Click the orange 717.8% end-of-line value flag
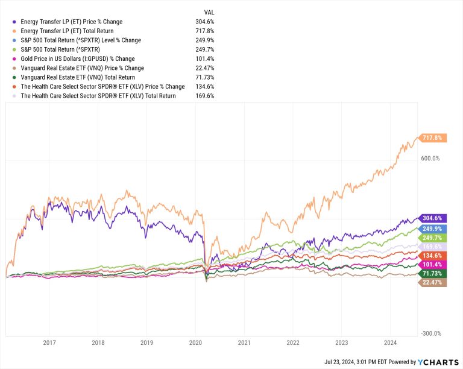[x=432, y=137]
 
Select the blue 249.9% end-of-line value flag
[x=432, y=229]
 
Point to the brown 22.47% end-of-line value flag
[x=432, y=282]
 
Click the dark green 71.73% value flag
[x=432, y=273]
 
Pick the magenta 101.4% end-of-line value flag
[x=432, y=264]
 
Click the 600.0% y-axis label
[x=430, y=159]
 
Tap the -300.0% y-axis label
[x=430, y=333]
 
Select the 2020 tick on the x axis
[x=195, y=343]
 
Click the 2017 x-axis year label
[x=49, y=343]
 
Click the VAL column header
[x=208, y=12]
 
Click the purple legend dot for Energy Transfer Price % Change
[x=14, y=22]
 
